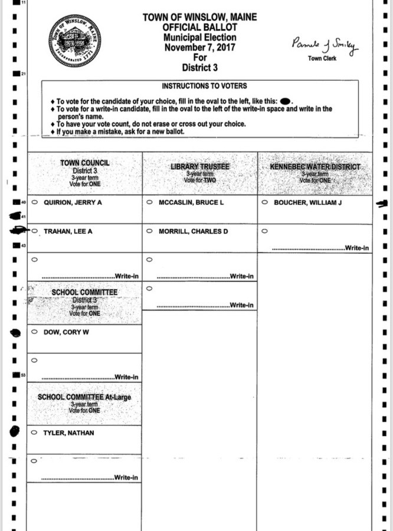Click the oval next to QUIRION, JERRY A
click(34, 202)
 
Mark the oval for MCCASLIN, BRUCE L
click(149, 202)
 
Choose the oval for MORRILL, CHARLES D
click(149, 231)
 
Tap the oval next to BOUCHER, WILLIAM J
click(264, 202)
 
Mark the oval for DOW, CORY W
click(34, 332)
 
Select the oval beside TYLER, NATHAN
click(34, 433)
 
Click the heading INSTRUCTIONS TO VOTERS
click(204, 86)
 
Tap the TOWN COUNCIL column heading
click(84, 163)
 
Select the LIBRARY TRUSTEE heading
click(199, 167)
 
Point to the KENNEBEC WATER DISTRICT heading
click(315, 167)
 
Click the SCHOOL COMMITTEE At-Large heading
click(84, 397)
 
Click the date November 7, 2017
click(199, 48)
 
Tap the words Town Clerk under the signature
click(322, 58)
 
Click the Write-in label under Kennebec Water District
click(358, 248)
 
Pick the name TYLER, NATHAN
click(68, 433)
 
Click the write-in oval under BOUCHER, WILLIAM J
click(264, 231)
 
